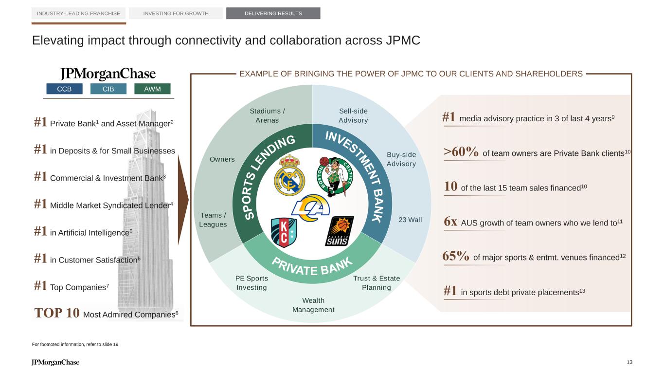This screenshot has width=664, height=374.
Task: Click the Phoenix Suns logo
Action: pyautogui.click(x=340, y=231)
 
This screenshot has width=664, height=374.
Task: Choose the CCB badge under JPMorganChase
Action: pyautogui.click(x=64, y=89)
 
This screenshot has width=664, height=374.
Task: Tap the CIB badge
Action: pyautogui.click(x=108, y=89)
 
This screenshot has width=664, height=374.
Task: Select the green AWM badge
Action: pyautogui.click(x=153, y=89)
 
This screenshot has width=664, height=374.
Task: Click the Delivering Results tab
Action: pyautogui.click(x=273, y=13)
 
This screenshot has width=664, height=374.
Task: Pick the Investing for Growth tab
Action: pyautogui.click(x=176, y=13)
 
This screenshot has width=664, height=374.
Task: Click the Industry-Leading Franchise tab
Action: pyautogui.click(x=79, y=13)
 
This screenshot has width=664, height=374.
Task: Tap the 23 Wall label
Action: pyautogui.click(x=410, y=220)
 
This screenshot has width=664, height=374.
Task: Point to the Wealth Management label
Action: pyautogui.click(x=313, y=305)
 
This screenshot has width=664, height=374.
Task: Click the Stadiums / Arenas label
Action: pyautogui.click(x=267, y=115)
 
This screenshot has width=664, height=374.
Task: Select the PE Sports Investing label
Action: pyautogui.click(x=251, y=283)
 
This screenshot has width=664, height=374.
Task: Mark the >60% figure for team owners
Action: pyautogui.click(x=461, y=152)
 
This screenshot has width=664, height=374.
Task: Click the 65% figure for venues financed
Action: pyautogui.click(x=456, y=256)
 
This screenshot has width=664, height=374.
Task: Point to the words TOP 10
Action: pyautogui.click(x=56, y=313)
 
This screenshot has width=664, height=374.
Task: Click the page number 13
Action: pyautogui.click(x=629, y=362)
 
